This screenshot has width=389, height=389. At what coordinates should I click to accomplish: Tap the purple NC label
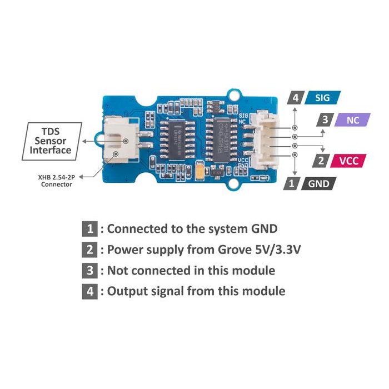352,119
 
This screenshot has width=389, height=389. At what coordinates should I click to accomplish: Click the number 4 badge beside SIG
295,98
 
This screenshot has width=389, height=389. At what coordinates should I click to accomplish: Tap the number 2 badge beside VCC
321,161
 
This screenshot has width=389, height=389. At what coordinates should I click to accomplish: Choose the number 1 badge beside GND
290,184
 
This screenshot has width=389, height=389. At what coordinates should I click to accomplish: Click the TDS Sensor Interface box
51,141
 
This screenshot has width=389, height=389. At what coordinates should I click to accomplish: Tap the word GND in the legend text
258,228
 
